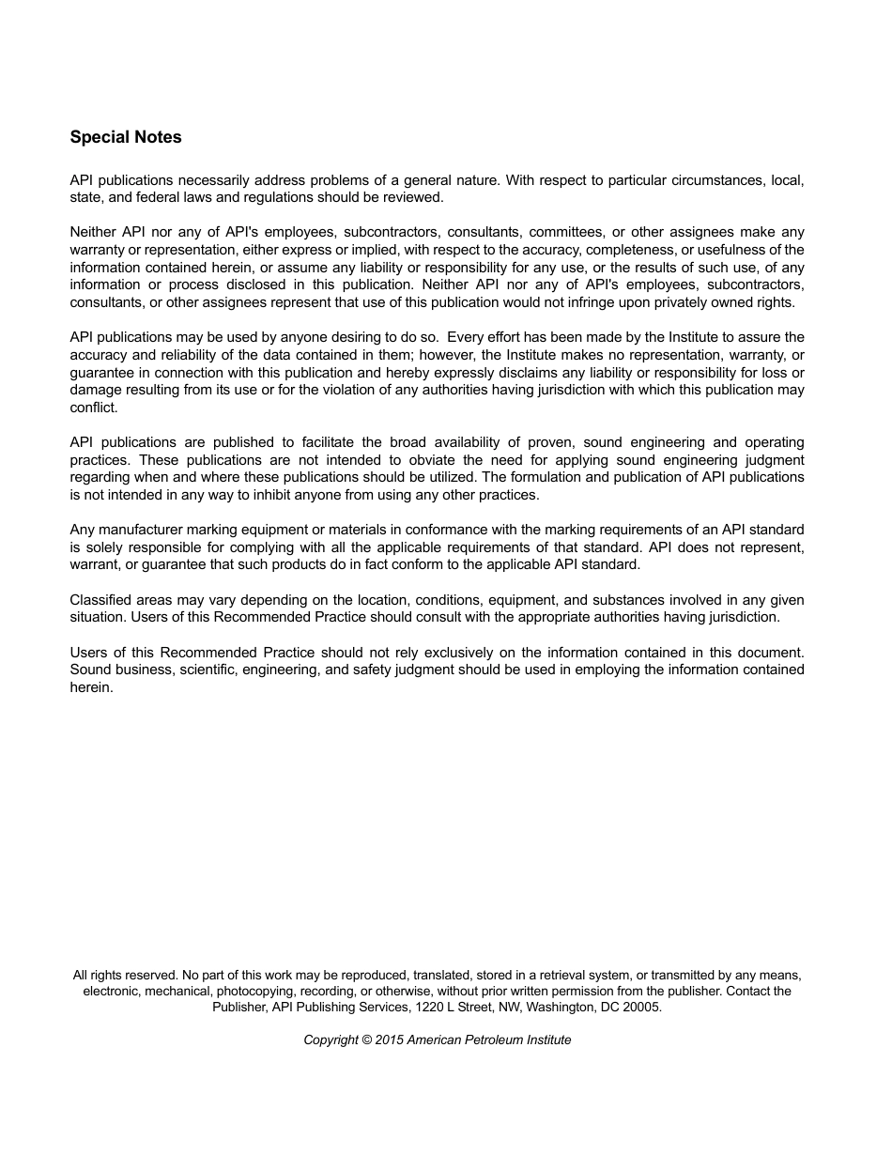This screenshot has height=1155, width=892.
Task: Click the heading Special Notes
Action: click(x=126, y=137)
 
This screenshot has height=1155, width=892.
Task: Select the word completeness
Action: click(x=636, y=250)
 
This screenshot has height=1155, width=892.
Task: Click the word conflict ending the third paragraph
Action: click(x=93, y=408)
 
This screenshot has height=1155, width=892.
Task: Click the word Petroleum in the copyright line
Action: click(x=493, y=1039)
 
